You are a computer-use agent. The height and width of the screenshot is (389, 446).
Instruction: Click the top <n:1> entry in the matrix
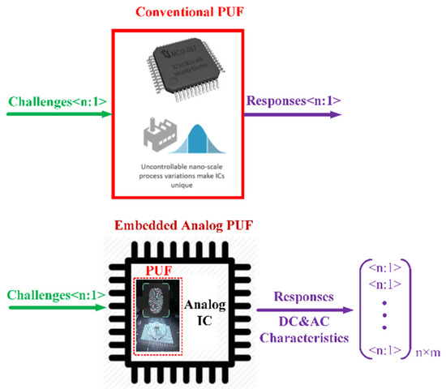click(385, 266)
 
